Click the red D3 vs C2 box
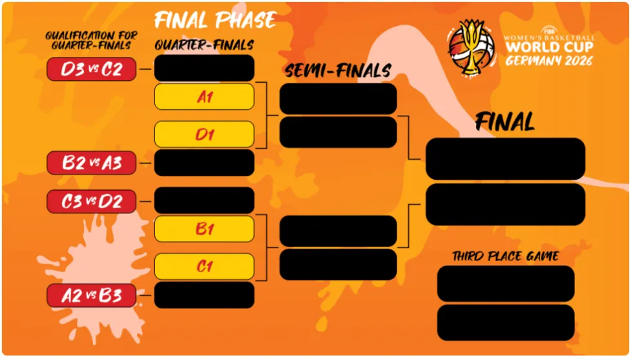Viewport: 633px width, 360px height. click(91, 69)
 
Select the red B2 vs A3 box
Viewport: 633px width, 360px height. click(91, 163)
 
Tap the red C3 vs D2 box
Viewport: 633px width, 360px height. click(91, 201)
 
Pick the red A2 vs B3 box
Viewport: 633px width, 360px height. click(91, 295)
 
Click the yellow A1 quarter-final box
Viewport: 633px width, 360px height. click(204, 96)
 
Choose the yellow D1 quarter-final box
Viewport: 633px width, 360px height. click(204, 134)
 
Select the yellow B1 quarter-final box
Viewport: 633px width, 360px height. click(204, 229)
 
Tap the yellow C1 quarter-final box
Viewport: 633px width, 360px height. click(204, 266)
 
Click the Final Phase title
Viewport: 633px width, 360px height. click(216, 20)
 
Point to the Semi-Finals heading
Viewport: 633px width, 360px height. click(338, 70)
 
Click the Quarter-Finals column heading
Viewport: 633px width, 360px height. click(204, 45)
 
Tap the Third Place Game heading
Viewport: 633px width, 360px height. click(505, 256)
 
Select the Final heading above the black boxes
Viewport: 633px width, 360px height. click(505, 122)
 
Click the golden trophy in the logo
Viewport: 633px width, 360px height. click(471, 47)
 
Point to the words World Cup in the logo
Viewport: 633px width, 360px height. click(550, 47)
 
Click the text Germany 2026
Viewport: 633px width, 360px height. click(549, 61)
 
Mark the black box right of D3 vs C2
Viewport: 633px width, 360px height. click(204, 69)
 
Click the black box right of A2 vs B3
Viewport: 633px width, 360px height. click(204, 295)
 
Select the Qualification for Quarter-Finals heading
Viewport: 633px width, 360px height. click(91, 41)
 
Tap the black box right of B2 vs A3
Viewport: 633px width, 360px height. click(204, 163)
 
